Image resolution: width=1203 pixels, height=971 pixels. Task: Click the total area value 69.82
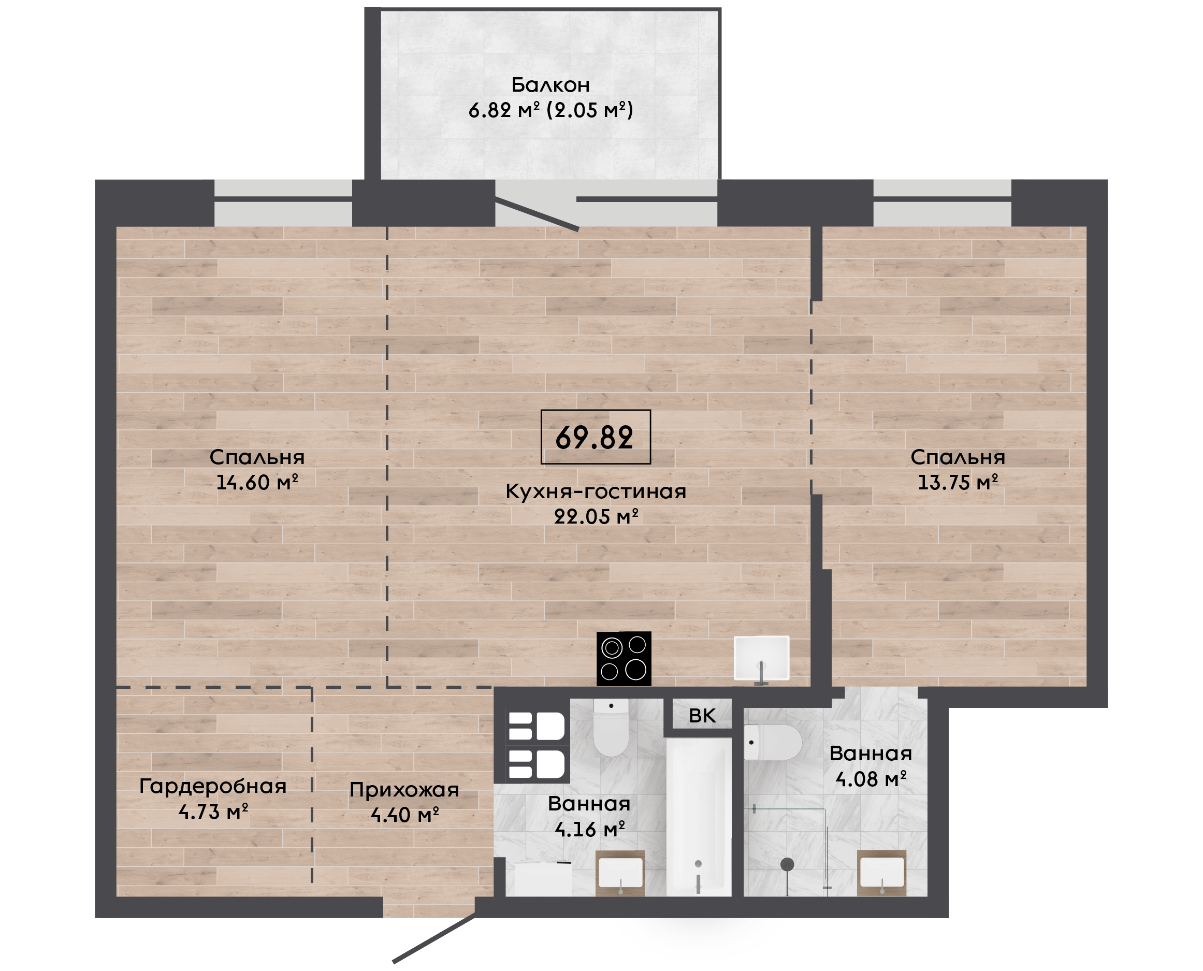tap(595, 438)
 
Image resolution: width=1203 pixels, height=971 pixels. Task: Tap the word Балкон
tap(550, 85)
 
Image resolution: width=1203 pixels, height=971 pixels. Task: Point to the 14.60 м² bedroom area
tap(257, 482)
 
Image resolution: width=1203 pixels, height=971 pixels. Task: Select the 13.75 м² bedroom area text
tap(958, 482)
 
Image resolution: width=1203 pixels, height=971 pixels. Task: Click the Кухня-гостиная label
tap(596, 491)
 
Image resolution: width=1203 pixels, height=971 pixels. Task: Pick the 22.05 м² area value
tap(596, 516)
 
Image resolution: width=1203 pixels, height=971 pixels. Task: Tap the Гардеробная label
tap(212, 787)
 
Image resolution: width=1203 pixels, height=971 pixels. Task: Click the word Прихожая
tap(404, 790)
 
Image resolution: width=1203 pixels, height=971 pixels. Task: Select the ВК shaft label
tap(702, 715)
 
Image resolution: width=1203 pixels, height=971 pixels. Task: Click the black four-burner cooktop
tap(624, 659)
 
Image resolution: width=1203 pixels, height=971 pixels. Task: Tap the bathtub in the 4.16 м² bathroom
tap(699, 817)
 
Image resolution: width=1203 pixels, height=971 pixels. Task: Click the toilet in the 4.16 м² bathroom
tap(611, 727)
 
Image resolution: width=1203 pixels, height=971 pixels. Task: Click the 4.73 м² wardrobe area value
tap(213, 811)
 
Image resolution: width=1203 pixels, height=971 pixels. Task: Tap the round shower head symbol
tap(788, 864)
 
